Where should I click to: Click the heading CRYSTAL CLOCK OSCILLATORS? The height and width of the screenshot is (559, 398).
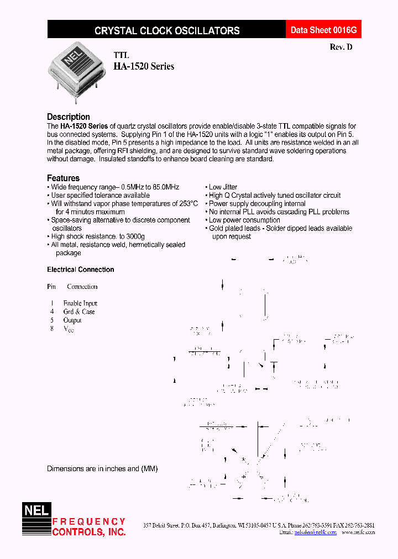[167, 31]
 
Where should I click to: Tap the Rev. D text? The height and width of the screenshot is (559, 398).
[341, 48]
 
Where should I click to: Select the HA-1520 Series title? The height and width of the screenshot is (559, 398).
[144, 66]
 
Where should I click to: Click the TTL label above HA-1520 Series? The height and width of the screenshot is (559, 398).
[121, 55]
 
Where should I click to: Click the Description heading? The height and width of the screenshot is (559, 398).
[69, 117]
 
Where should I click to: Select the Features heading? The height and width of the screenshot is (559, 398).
[63, 178]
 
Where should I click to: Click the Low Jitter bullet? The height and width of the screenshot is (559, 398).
[223, 187]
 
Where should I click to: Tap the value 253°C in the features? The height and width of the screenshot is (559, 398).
[186, 203]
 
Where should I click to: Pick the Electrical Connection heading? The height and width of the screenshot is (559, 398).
[81, 270]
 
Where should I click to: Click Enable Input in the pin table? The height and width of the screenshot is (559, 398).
[80, 303]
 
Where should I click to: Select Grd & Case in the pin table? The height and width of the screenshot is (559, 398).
[79, 312]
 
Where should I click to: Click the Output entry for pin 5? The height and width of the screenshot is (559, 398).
[72, 320]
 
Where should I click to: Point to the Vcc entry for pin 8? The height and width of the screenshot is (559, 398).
[68, 329]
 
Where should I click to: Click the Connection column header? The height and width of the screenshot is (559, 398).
[82, 287]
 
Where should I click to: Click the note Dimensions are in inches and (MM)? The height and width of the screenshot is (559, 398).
[102, 468]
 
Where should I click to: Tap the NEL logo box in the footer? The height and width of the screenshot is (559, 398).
[36, 511]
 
